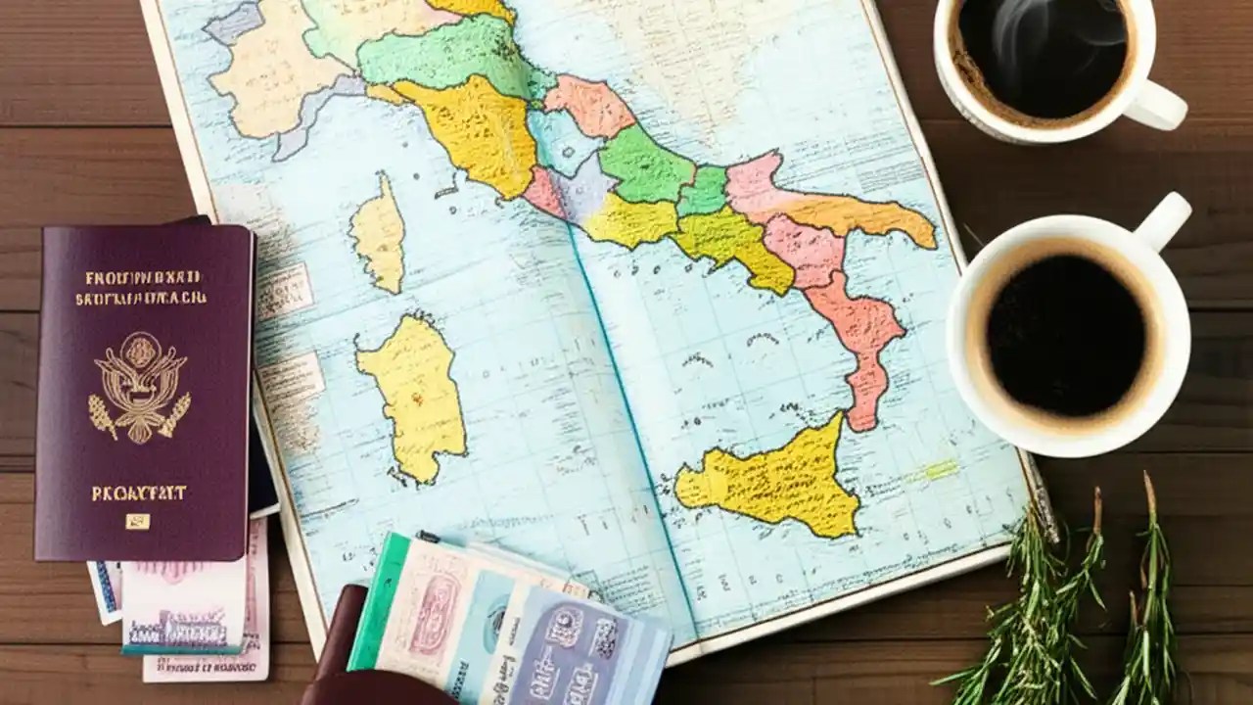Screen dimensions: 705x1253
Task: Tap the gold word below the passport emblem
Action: [x=138, y=493]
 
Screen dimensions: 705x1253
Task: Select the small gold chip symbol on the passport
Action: [x=138, y=522]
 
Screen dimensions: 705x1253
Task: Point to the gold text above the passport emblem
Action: [x=143, y=288]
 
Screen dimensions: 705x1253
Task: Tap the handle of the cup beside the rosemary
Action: [x=1165, y=223]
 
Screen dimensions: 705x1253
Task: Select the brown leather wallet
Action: [x=343, y=656]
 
